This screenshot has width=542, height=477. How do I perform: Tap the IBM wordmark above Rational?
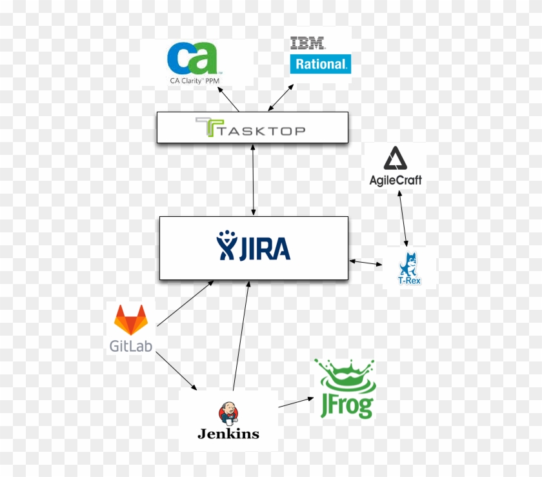308,44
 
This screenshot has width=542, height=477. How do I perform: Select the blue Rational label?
321,64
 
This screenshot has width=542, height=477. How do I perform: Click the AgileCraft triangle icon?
394,159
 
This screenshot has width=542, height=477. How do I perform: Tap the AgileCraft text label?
396,180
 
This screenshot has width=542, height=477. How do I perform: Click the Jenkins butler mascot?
228,412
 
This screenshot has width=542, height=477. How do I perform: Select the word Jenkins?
228,433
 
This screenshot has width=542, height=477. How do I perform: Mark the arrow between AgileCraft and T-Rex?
403,218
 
